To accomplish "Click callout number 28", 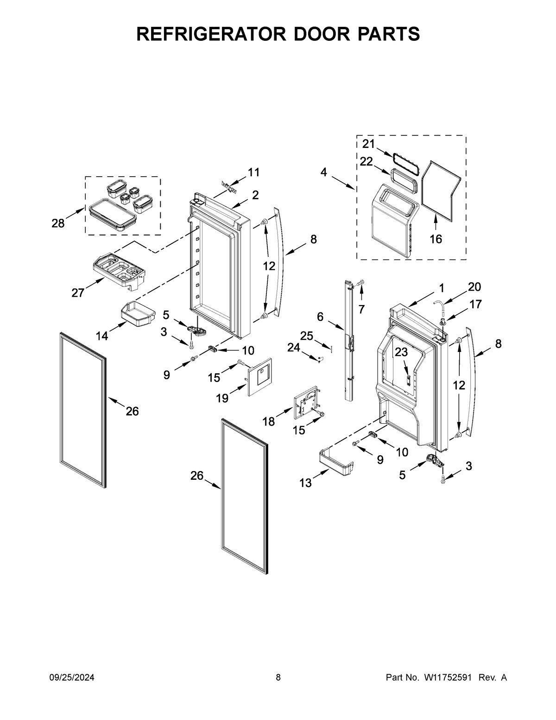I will [58, 223].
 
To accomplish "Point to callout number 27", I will [78, 293].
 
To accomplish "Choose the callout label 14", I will [102, 336].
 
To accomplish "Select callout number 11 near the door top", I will [253, 172].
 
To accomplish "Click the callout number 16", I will [436, 239].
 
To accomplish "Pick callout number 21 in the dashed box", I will [368, 144].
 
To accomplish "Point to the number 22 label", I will [366, 161].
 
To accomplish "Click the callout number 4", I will [323, 172].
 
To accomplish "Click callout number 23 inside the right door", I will [401, 352].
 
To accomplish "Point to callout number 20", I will [474, 287].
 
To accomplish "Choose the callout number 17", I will [475, 304].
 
